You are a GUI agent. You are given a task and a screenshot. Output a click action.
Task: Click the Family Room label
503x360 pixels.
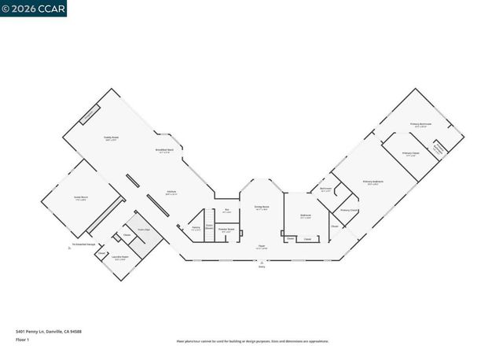111,138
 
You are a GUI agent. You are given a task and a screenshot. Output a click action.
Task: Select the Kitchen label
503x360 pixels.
171,192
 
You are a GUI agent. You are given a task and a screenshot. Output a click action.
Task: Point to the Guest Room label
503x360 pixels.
80,199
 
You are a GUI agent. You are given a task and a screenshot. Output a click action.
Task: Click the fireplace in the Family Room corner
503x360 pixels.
90,114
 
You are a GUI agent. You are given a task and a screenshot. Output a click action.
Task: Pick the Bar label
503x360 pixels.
226,210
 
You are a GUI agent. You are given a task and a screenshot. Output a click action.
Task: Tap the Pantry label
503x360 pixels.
195,228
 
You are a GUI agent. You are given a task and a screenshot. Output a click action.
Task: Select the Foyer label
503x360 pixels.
261,247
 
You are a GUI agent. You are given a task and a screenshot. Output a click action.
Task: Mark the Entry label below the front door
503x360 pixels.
262,267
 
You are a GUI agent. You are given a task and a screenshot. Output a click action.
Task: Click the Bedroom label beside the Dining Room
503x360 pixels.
305,215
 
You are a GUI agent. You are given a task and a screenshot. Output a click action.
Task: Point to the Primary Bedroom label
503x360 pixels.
372,182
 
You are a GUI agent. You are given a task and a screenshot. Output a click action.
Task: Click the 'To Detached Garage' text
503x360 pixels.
83,244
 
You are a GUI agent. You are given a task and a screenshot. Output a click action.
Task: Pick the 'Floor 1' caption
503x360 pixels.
23,339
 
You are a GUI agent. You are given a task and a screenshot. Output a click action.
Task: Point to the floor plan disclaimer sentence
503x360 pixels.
251,341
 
